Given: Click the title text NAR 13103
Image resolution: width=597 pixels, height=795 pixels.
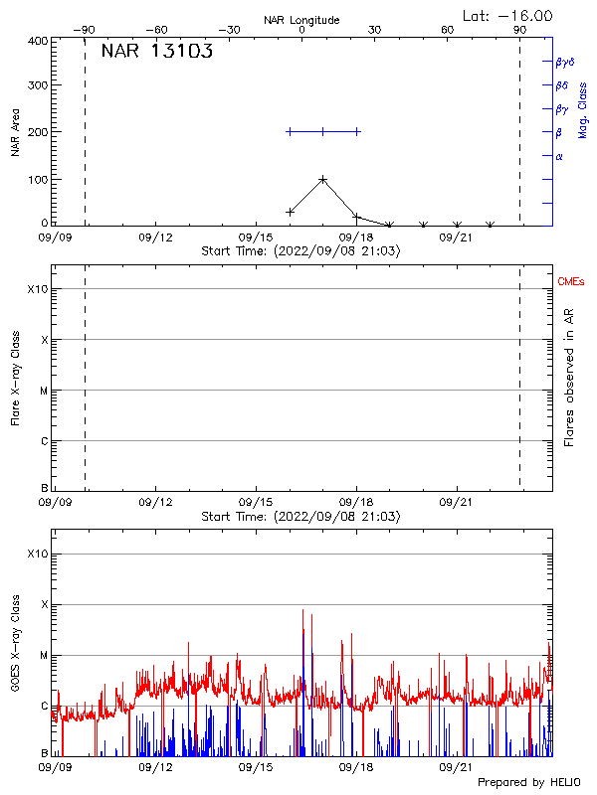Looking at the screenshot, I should pos(157,53).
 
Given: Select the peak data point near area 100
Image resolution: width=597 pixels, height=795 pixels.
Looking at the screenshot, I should pos(323,179).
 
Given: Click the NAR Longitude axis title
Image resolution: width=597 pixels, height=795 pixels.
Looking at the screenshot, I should pos(301,20).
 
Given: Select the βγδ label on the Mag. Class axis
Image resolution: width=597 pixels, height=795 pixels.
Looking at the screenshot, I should pos(565,62).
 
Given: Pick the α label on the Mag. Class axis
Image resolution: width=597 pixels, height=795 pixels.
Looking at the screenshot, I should pos(559,156).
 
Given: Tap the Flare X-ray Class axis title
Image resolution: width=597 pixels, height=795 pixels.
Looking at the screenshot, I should pos(16,378).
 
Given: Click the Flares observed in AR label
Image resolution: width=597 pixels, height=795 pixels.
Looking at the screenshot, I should pos(570,378).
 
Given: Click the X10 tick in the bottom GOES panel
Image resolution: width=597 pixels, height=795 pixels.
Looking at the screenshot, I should pos(38,554).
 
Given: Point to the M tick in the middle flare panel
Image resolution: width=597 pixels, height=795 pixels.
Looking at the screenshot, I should pos(44,391).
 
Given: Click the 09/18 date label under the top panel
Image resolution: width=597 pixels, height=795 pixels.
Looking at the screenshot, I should pos(356,238).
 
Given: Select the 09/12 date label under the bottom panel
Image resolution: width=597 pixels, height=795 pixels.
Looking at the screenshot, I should pos(156,767).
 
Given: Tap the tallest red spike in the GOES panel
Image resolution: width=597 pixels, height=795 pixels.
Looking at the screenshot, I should pos(302,610).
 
